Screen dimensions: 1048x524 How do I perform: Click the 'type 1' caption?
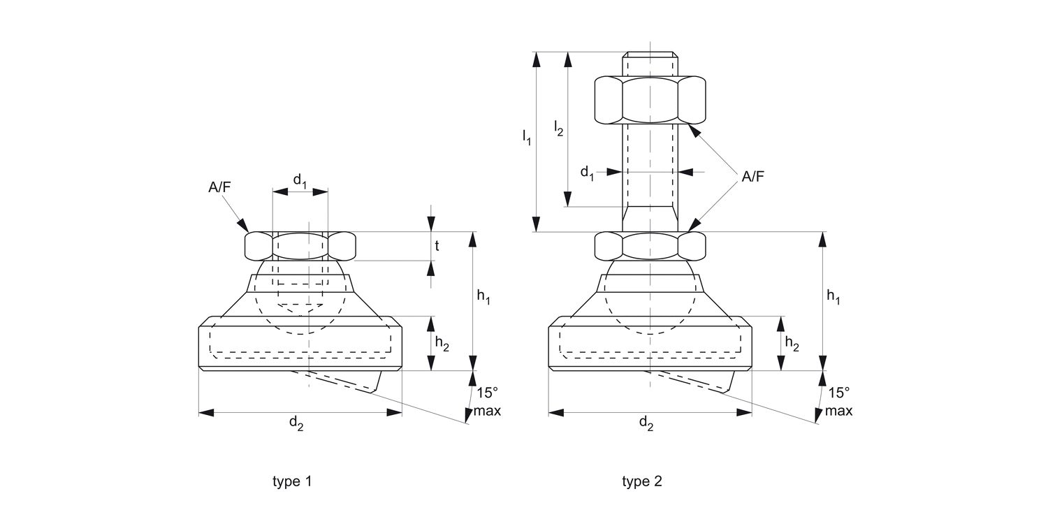click(x=292, y=481)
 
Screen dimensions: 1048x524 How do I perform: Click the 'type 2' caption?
click(x=642, y=481)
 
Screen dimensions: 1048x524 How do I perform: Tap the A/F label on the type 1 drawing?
click(x=219, y=188)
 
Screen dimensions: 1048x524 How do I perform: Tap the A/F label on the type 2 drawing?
click(x=752, y=176)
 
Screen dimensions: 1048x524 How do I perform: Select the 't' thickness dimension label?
click(x=437, y=246)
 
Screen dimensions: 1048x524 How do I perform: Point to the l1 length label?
click(x=527, y=137)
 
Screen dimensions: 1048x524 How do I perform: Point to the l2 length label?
click(x=558, y=128)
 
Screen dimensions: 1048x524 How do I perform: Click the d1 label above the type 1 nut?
click(x=300, y=180)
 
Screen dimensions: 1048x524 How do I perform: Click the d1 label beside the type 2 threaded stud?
click(x=587, y=173)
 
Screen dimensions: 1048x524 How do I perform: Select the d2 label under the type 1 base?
click(x=296, y=423)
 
